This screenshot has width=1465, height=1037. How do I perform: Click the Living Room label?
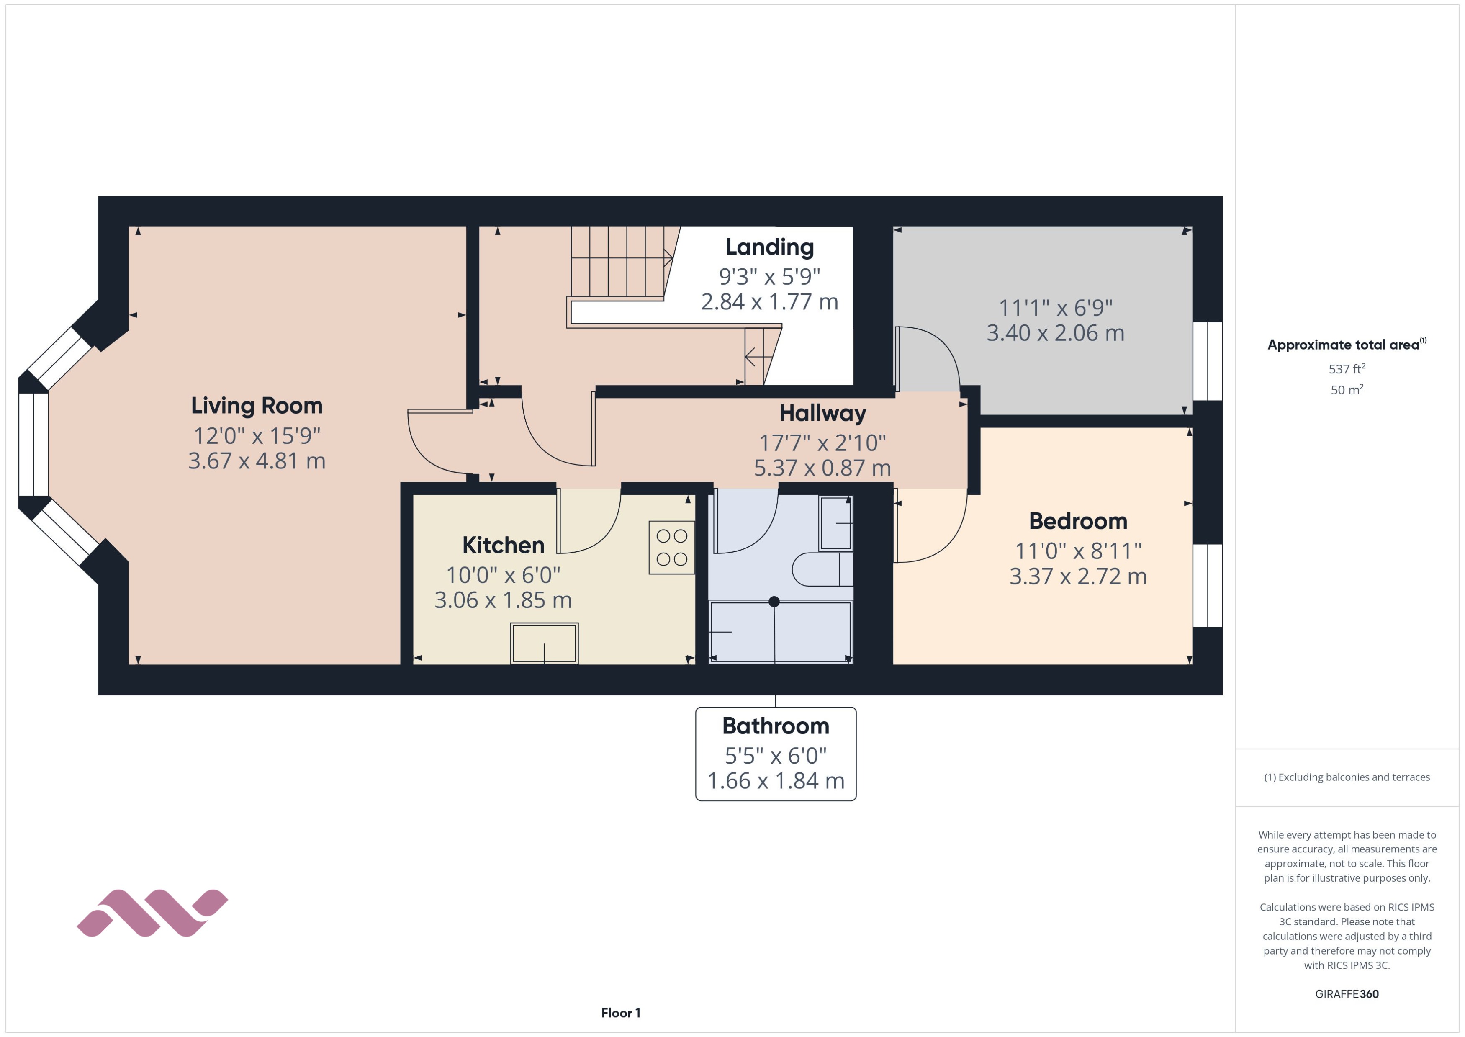pyautogui.click(x=257, y=406)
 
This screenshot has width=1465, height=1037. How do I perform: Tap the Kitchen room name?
pyautogui.click(x=503, y=545)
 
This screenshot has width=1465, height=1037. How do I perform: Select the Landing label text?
pyautogui.click(x=769, y=247)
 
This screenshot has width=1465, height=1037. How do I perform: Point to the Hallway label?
pyautogui.click(x=822, y=413)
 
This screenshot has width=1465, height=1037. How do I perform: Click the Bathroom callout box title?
pyautogui.click(x=776, y=726)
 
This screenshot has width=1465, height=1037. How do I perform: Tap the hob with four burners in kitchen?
pyautogui.click(x=671, y=547)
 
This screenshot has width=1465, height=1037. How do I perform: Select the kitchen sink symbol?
pyautogui.click(x=544, y=643)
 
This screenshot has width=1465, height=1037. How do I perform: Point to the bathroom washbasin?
pyautogui.click(x=835, y=523)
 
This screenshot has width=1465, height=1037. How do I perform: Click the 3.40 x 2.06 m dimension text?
pyautogui.click(x=1055, y=333)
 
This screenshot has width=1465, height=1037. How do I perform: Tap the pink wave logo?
pyautogui.click(x=152, y=913)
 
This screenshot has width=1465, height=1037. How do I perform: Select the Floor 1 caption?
pyautogui.click(x=620, y=1013)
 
